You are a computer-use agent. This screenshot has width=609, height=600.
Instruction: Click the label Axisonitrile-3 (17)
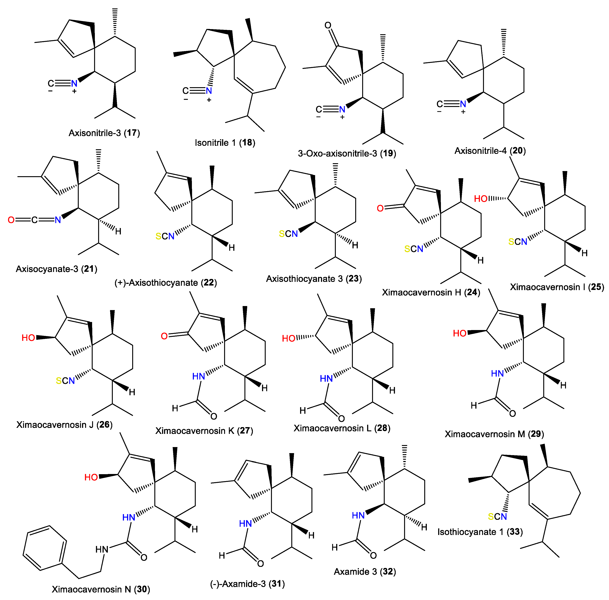pyautogui.click(x=104, y=133)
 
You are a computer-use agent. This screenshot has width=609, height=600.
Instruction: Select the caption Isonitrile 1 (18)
pyautogui.click(x=225, y=143)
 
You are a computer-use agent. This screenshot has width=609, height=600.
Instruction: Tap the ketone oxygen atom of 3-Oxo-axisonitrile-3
pyautogui.click(x=328, y=25)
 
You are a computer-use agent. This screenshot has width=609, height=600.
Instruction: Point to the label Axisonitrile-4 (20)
pyautogui.click(x=490, y=151)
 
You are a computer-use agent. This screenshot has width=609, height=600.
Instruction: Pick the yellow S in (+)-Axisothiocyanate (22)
pyautogui.click(x=158, y=236)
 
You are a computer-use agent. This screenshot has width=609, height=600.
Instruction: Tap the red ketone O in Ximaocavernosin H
pyautogui.click(x=380, y=208)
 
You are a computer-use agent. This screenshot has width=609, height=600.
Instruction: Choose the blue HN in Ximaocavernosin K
pyautogui.click(x=198, y=376)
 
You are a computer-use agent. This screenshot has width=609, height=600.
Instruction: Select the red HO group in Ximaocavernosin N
pyautogui.click(x=91, y=477)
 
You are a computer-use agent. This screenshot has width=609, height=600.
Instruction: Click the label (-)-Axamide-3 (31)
pyautogui.click(x=247, y=584)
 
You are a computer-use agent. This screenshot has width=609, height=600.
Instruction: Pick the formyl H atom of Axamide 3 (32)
pyautogui.click(x=335, y=547)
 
